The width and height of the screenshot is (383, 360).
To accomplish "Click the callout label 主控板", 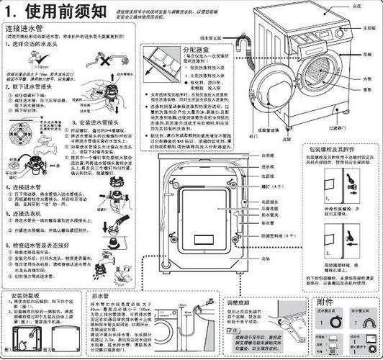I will pos(369,27).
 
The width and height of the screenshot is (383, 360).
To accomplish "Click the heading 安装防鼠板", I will pos(27,297).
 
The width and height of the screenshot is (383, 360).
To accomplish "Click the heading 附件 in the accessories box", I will pos(325,301).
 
